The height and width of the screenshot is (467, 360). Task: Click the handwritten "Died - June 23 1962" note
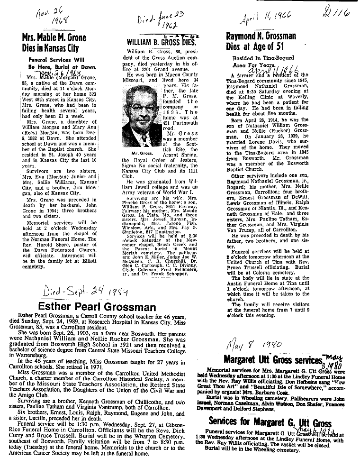click(159, 20)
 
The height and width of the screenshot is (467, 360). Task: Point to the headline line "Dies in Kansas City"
click(51, 47)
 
